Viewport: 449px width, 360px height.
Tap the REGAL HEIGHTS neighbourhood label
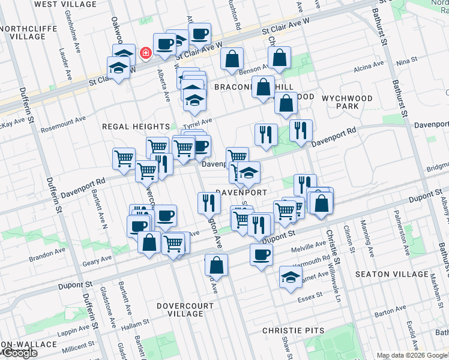(136, 127)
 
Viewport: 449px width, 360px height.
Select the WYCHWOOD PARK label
(348, 102)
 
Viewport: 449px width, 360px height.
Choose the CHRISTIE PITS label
(294, 331)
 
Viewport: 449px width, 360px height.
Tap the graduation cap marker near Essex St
(291, 278)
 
